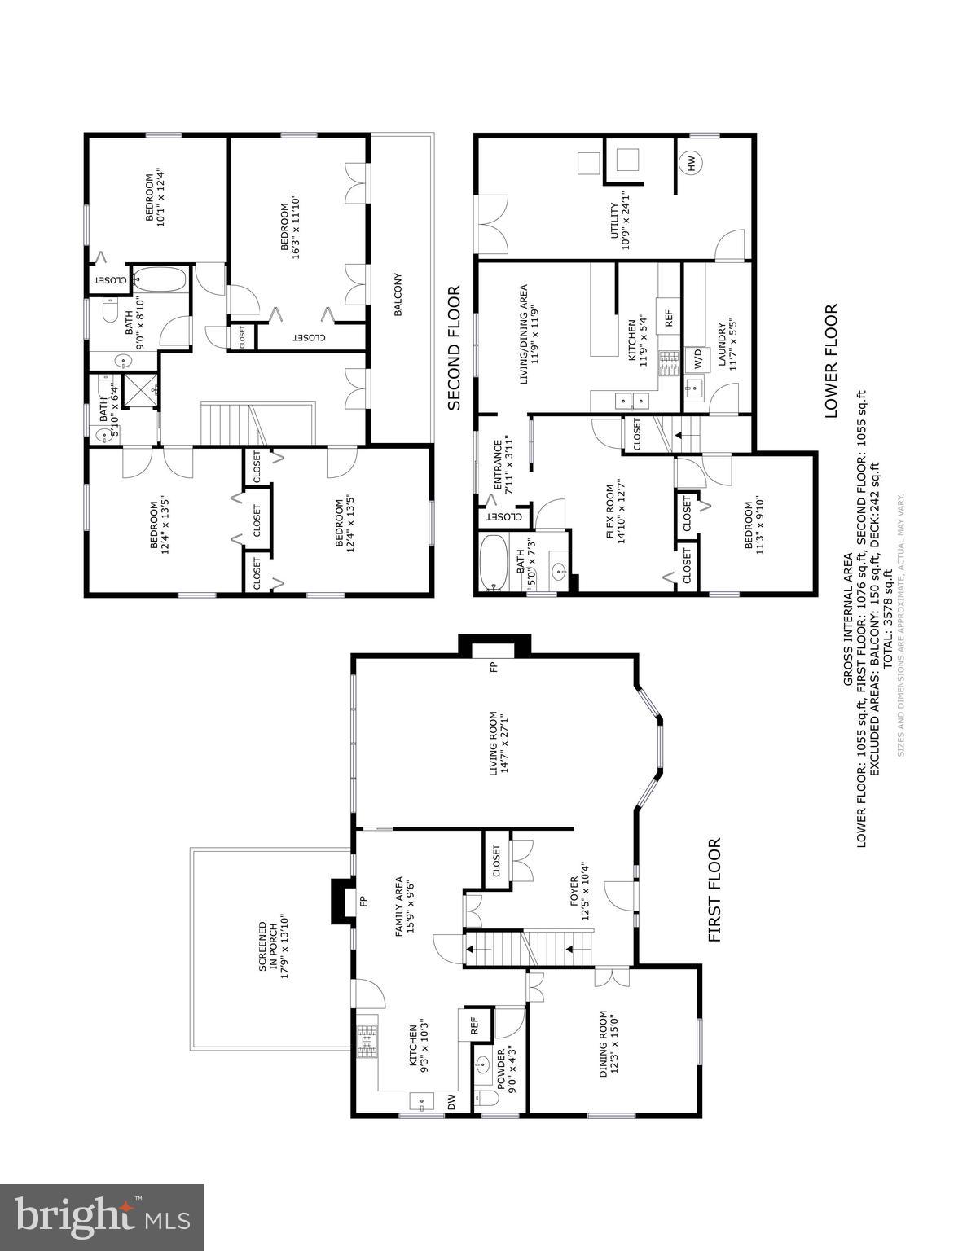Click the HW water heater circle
[x=690, y=164]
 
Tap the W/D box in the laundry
[x=697, y=356]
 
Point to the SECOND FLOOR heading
[x=454, y=347]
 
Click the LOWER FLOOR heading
[x=831, y=361]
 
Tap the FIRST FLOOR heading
[x=715, y=890]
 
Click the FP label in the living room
[x=493, y=668]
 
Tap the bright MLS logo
[x=102, y=1217]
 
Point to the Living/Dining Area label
[x=529, y=334]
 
